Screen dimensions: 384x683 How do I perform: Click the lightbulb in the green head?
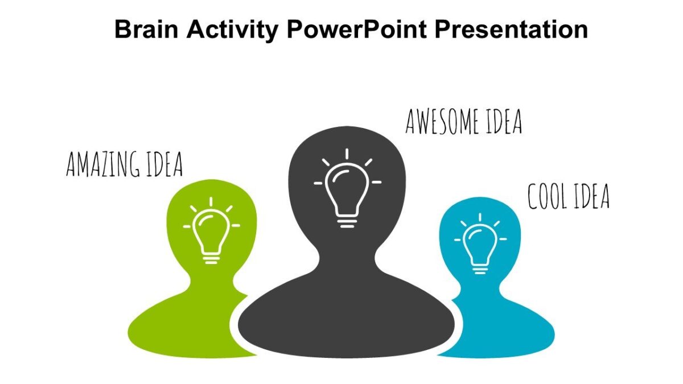pos(211,233)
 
